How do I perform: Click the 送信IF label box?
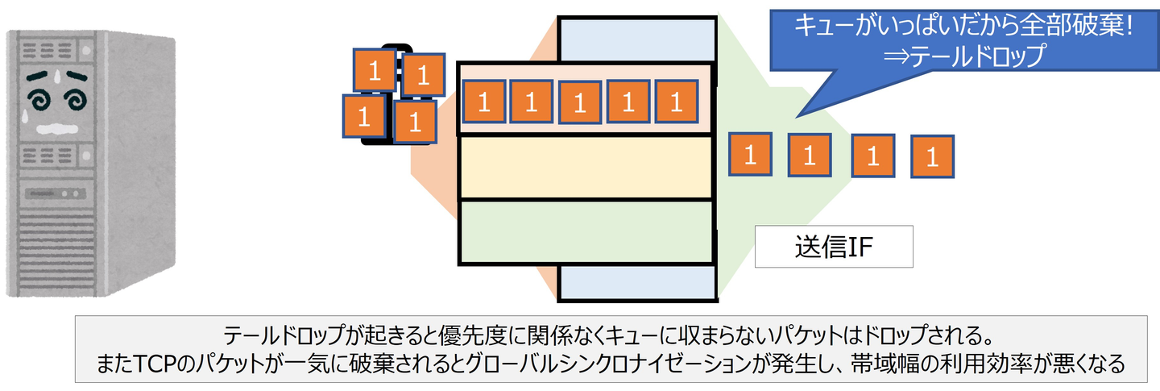coord(833,247)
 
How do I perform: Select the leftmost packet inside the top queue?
coord(484,102)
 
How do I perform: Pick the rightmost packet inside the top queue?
coord(677,102)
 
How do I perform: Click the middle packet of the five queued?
coord(580,102)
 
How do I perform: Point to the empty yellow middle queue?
coord(586,168)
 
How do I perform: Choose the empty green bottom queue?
coord(586,231)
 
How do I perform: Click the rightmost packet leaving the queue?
coord(932,156)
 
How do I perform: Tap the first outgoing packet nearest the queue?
coord(750,154)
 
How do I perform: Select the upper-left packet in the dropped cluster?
coord(375,70)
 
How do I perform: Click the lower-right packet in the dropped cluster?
coord(415,122)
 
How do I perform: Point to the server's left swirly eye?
coord(38,100)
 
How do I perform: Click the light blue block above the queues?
coord(636,38)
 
